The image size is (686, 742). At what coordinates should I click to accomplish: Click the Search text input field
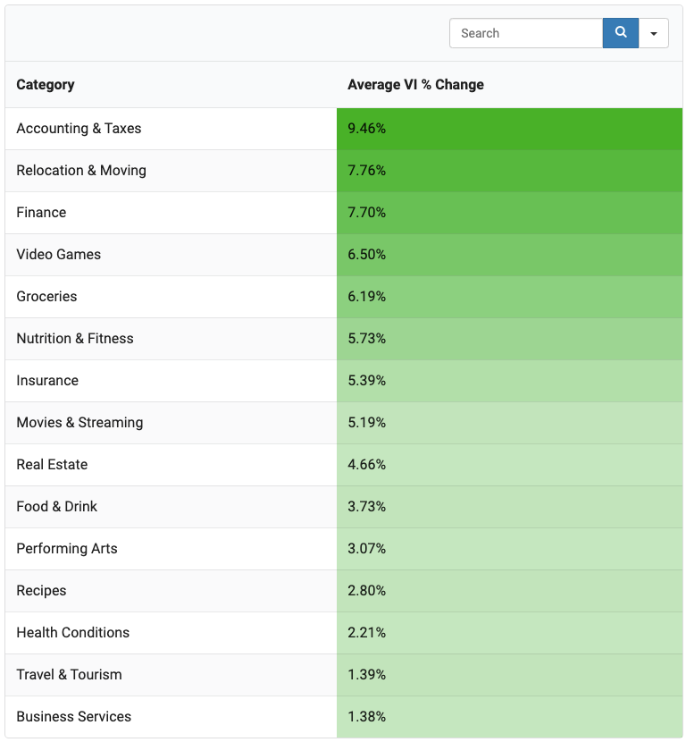point(526,33)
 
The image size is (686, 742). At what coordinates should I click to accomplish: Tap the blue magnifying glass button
point(620,33)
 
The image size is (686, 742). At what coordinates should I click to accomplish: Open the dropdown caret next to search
point(653,33)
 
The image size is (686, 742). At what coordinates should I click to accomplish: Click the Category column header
point(46,85)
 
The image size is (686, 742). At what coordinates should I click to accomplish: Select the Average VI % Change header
point(415,85)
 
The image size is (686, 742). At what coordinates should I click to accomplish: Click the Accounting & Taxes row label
point(79,128)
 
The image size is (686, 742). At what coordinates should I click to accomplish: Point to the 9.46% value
point(367,128)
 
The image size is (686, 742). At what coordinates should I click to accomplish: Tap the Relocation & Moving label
point(81,171)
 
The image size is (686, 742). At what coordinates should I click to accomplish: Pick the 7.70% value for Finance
point(367,213)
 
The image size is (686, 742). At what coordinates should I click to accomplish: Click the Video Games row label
point(59,254)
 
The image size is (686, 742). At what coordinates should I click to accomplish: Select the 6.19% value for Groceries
point(367,296)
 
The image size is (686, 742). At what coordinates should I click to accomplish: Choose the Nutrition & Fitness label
point(75,338)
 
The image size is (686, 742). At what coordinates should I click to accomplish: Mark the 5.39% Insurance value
point(367,381)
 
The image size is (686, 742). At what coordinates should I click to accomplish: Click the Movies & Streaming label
point(79,422)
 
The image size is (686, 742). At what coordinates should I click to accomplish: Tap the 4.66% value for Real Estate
point(367,464)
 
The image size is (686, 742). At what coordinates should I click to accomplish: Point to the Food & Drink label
point(57,506)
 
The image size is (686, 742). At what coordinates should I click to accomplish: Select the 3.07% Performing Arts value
point(367,549)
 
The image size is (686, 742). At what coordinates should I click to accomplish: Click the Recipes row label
point(42,591)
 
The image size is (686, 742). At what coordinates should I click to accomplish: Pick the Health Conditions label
point(73,632)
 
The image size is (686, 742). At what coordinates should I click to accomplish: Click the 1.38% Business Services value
point(367,716)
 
